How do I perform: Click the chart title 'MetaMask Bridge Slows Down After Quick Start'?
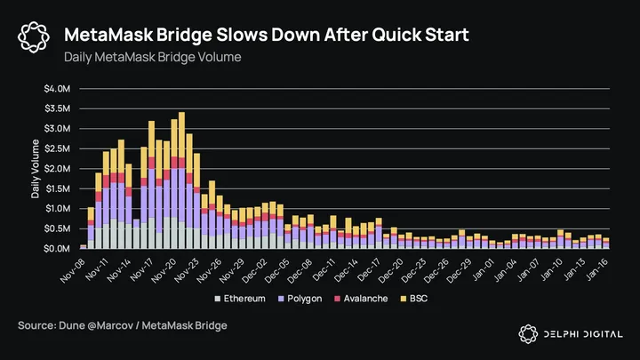(x=267, y=35)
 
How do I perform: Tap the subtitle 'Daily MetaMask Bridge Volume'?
(x=152, y=57)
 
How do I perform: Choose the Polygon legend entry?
(x=300, y=299)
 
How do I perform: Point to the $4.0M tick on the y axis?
(x=59, y=89)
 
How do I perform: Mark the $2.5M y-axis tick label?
(x=59, y=148)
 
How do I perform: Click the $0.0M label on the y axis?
(x=59, y=249)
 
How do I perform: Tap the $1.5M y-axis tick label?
(x=59, y=188)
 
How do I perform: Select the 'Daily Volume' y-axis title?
(x=36, y=169)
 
